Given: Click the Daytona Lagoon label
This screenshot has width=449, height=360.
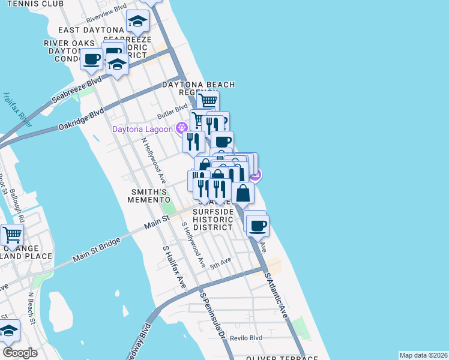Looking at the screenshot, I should [x=142, y=129].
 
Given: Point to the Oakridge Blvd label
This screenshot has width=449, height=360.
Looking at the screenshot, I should [x=82, y=119].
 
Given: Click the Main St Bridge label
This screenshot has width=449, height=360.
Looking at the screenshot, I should [x=96, y=249].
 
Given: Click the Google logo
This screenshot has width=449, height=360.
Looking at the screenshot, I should [x=20, y=352].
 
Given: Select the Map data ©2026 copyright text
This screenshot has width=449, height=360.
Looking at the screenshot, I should [x=423, y=355].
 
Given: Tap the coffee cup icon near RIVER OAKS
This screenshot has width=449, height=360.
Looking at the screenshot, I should [x=92, y=59].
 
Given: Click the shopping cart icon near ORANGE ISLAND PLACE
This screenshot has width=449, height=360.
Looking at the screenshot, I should [x=12, y=233].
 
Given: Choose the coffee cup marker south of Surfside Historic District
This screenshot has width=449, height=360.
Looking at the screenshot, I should [x=258, y=226].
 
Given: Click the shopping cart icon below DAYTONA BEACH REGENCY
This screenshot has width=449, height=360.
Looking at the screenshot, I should [x=208, y=100].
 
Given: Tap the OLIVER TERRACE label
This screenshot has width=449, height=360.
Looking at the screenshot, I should [x=282, y=358].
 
